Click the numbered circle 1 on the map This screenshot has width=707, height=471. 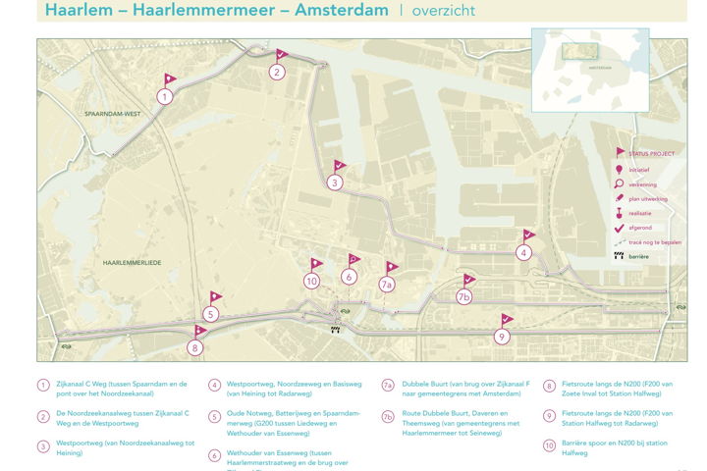pyautogui.click(x=165, y=96)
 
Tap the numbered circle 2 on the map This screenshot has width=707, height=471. pyautogui.click(x=278, y=72)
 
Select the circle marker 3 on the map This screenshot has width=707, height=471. pyautogui.click(x=335, y=183)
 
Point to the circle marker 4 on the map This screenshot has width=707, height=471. pyautogui.click(x=524, y=252)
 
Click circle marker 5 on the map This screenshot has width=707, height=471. pyautogui.click(x=211, y=314)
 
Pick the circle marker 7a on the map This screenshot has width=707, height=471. pyautogui.click(x=387, y=285)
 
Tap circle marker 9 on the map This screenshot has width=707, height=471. pyautogui.click(x=502, y=337)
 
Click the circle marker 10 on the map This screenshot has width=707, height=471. pyautogui.click(x=312, y=281)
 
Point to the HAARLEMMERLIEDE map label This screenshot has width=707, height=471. pyautogui.click(x=132, y=264)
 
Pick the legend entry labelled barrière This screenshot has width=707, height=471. pyautogui.click(x=638, y=256)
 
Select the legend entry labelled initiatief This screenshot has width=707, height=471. pyautogui.click(x=640, y=169)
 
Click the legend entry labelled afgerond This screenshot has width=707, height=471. pyautogui.click(x=640, y=227)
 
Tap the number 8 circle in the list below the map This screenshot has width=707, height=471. pyautogui.click(x=547, y=387)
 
